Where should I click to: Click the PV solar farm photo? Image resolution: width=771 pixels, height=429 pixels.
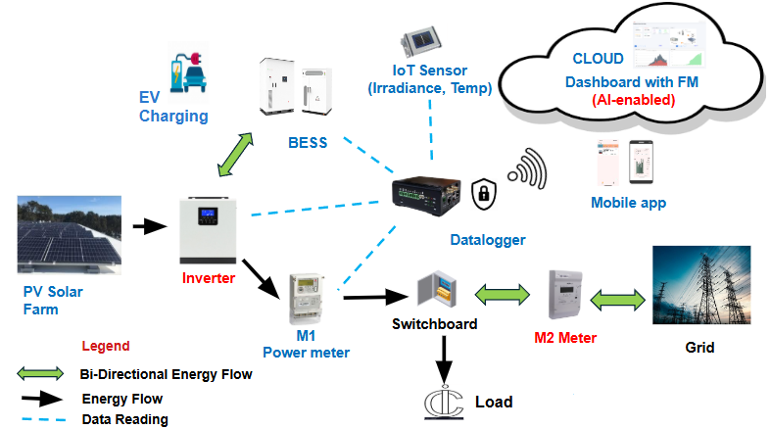pyautogui.click(x=70, y=234)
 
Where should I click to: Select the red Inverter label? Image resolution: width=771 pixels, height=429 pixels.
pyautogui.click(x=210, y=278)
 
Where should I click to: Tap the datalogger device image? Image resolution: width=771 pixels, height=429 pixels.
pyautogui.click(x=424, y=193)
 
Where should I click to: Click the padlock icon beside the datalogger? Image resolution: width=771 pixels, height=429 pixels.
pyautogui.click(x=481, y=193)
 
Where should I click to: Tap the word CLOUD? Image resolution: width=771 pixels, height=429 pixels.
pyautogui.click(x=598, y=59)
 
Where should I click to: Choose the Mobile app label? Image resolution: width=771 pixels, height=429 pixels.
pyautogui.click(x=628, y=203)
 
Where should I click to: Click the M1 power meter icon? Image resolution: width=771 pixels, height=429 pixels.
pyautogui.click(x=307, y=291)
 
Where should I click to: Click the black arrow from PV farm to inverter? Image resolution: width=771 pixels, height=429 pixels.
pyautogui.click(x=150, y=227)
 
